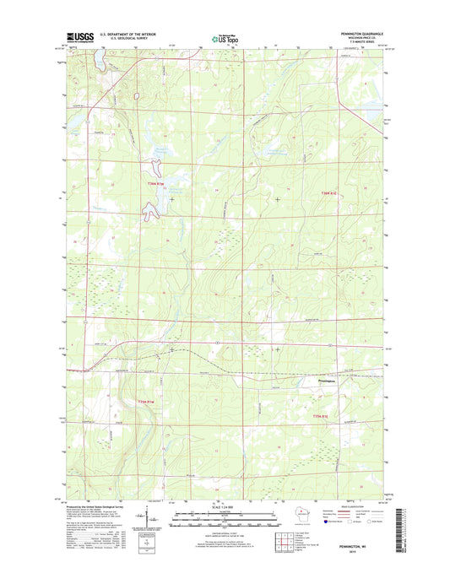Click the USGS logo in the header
(79, 37)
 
